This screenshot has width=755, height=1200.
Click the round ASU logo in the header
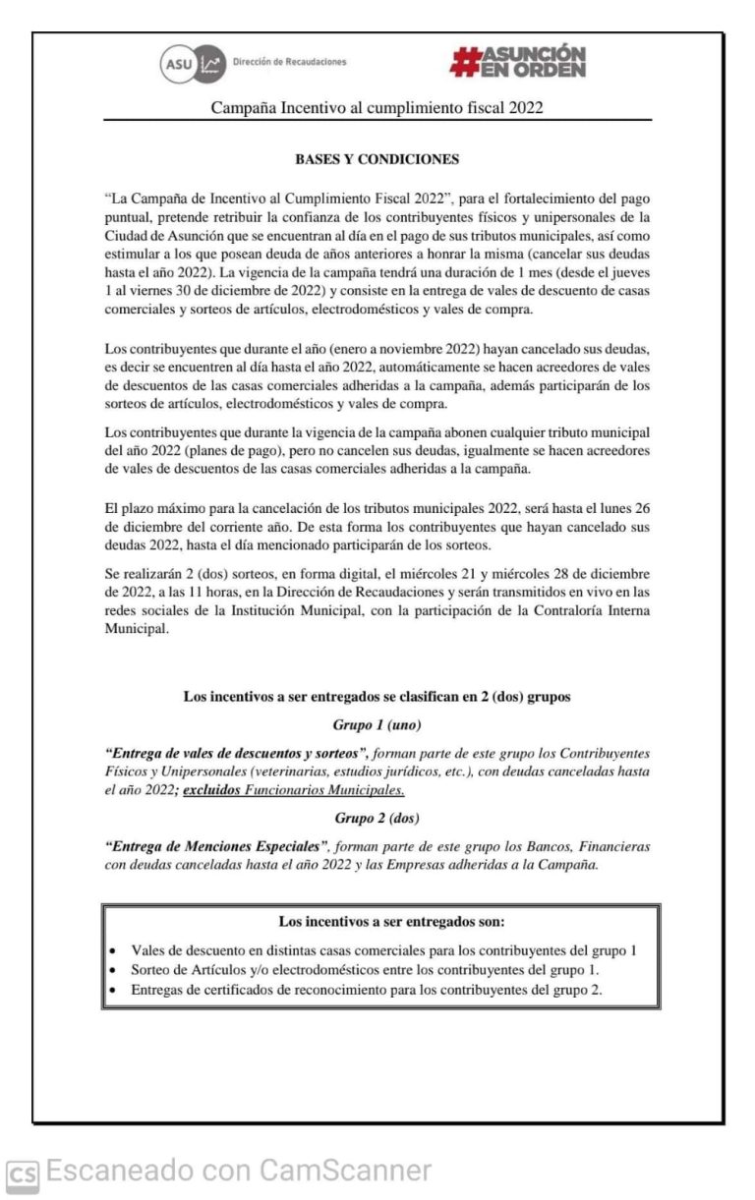pos(178,64)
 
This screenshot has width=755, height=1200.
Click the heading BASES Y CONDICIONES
pos(377,159)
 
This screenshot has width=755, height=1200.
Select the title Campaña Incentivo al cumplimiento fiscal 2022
pos(377,108)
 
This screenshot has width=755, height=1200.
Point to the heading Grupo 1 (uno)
pos(377,725)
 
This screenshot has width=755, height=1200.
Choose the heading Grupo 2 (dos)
pos(377,818)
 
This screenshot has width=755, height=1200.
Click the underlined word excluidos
pos(211,790)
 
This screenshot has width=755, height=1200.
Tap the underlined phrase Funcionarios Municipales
pos(324,790)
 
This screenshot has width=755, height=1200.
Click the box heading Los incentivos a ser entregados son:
pos(378,922)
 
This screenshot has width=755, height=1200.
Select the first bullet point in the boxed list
pos(115,952)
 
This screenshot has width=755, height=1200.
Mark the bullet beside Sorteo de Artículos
pos(115,971)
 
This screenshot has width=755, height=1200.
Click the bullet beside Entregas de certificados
pos(115,991)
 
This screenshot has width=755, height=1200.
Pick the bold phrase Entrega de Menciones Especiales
pos(216,845)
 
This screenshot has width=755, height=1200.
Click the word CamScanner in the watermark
pos(345,1171)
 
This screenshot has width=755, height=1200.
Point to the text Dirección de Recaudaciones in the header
pos(289,62)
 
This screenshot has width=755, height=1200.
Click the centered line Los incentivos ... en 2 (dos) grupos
pos(377,697)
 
